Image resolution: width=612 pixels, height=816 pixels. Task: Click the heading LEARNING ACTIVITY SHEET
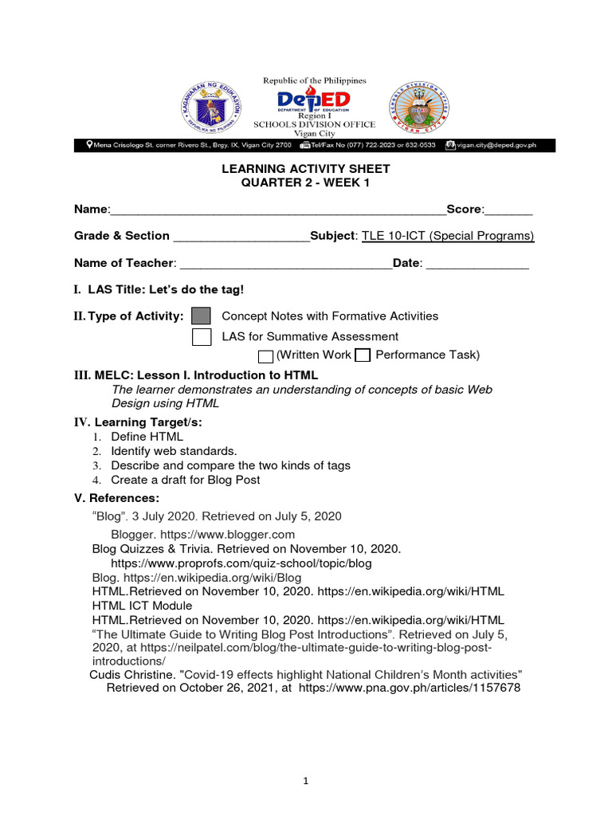pyautogui.click(x=306, y=170)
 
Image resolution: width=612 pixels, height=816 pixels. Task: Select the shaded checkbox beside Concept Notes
pyautogui.click(x=202, y=316)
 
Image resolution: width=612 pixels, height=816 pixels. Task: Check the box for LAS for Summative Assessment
pyautogui.click(x=202, y=337)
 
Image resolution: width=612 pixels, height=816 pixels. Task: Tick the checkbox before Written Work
pyautogui.click(x=266, y=355)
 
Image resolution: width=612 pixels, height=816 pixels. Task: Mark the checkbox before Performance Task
pyautogui.click(x=363, y=355)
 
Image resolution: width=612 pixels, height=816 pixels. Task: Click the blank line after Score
pyautogui.click(x=508, y=210)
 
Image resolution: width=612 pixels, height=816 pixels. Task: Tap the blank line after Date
pyautogui.click(x=478, y=264)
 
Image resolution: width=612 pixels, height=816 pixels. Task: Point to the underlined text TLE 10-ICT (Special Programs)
pyautogui.click(x=448, y=236)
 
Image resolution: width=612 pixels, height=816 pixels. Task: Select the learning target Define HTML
pyautogui.click(x=147, y=437)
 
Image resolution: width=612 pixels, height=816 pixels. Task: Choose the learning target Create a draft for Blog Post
pyautogui.click(x=186, y=480)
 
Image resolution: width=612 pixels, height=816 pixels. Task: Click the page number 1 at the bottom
pyautogui.click(x=306, y=782)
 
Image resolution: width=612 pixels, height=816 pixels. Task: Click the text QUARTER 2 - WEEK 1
pyautogui.click(x=306, y=183)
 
